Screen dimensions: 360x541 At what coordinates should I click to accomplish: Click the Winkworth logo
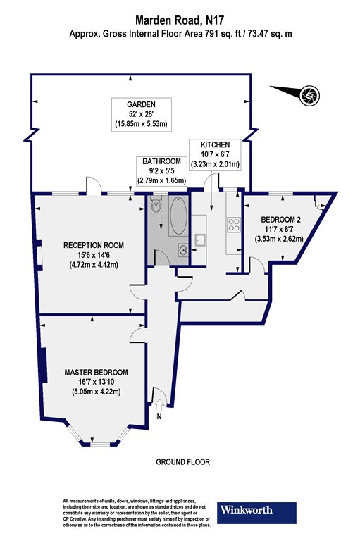[x=256, y=513]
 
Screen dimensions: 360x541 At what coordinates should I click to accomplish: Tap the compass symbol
[x=309, y=94]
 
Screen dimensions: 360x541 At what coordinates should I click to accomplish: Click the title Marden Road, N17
[x=180, y=20]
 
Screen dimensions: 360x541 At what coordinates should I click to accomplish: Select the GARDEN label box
[x=142, y=114]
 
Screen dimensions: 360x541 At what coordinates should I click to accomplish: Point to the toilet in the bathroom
[x=156, y=205]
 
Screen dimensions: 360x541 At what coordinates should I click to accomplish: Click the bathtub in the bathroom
[x=178, y=216]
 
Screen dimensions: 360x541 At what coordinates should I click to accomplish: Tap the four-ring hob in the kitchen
[x=233, y=225]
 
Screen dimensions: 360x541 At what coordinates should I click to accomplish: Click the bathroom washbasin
[x=183, y=249]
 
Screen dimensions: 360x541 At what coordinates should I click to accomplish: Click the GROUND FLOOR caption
[x=183, y=461]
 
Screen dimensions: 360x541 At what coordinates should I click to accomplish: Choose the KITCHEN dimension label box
[x=216, y=154]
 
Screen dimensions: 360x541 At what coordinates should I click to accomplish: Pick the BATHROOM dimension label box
[x=161, y=170]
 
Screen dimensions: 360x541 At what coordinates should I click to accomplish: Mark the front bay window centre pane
[x=92, y=443]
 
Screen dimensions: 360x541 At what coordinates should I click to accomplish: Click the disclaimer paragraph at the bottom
[x=137, y=513]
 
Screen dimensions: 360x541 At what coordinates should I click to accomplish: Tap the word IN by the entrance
[x=159, y=416]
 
